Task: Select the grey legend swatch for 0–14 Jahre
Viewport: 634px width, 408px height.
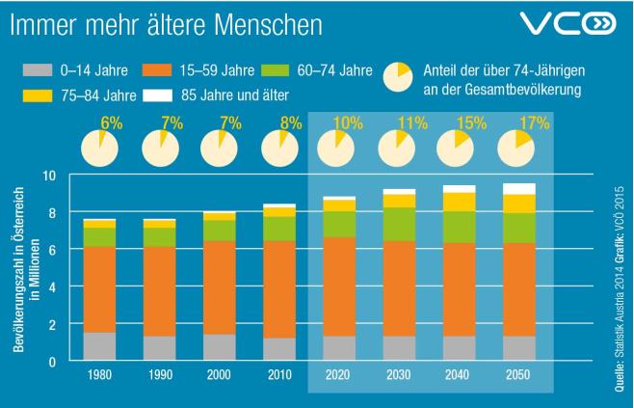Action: [x=34, y=70]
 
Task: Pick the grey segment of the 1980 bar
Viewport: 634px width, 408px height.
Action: [x=100, y=346]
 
